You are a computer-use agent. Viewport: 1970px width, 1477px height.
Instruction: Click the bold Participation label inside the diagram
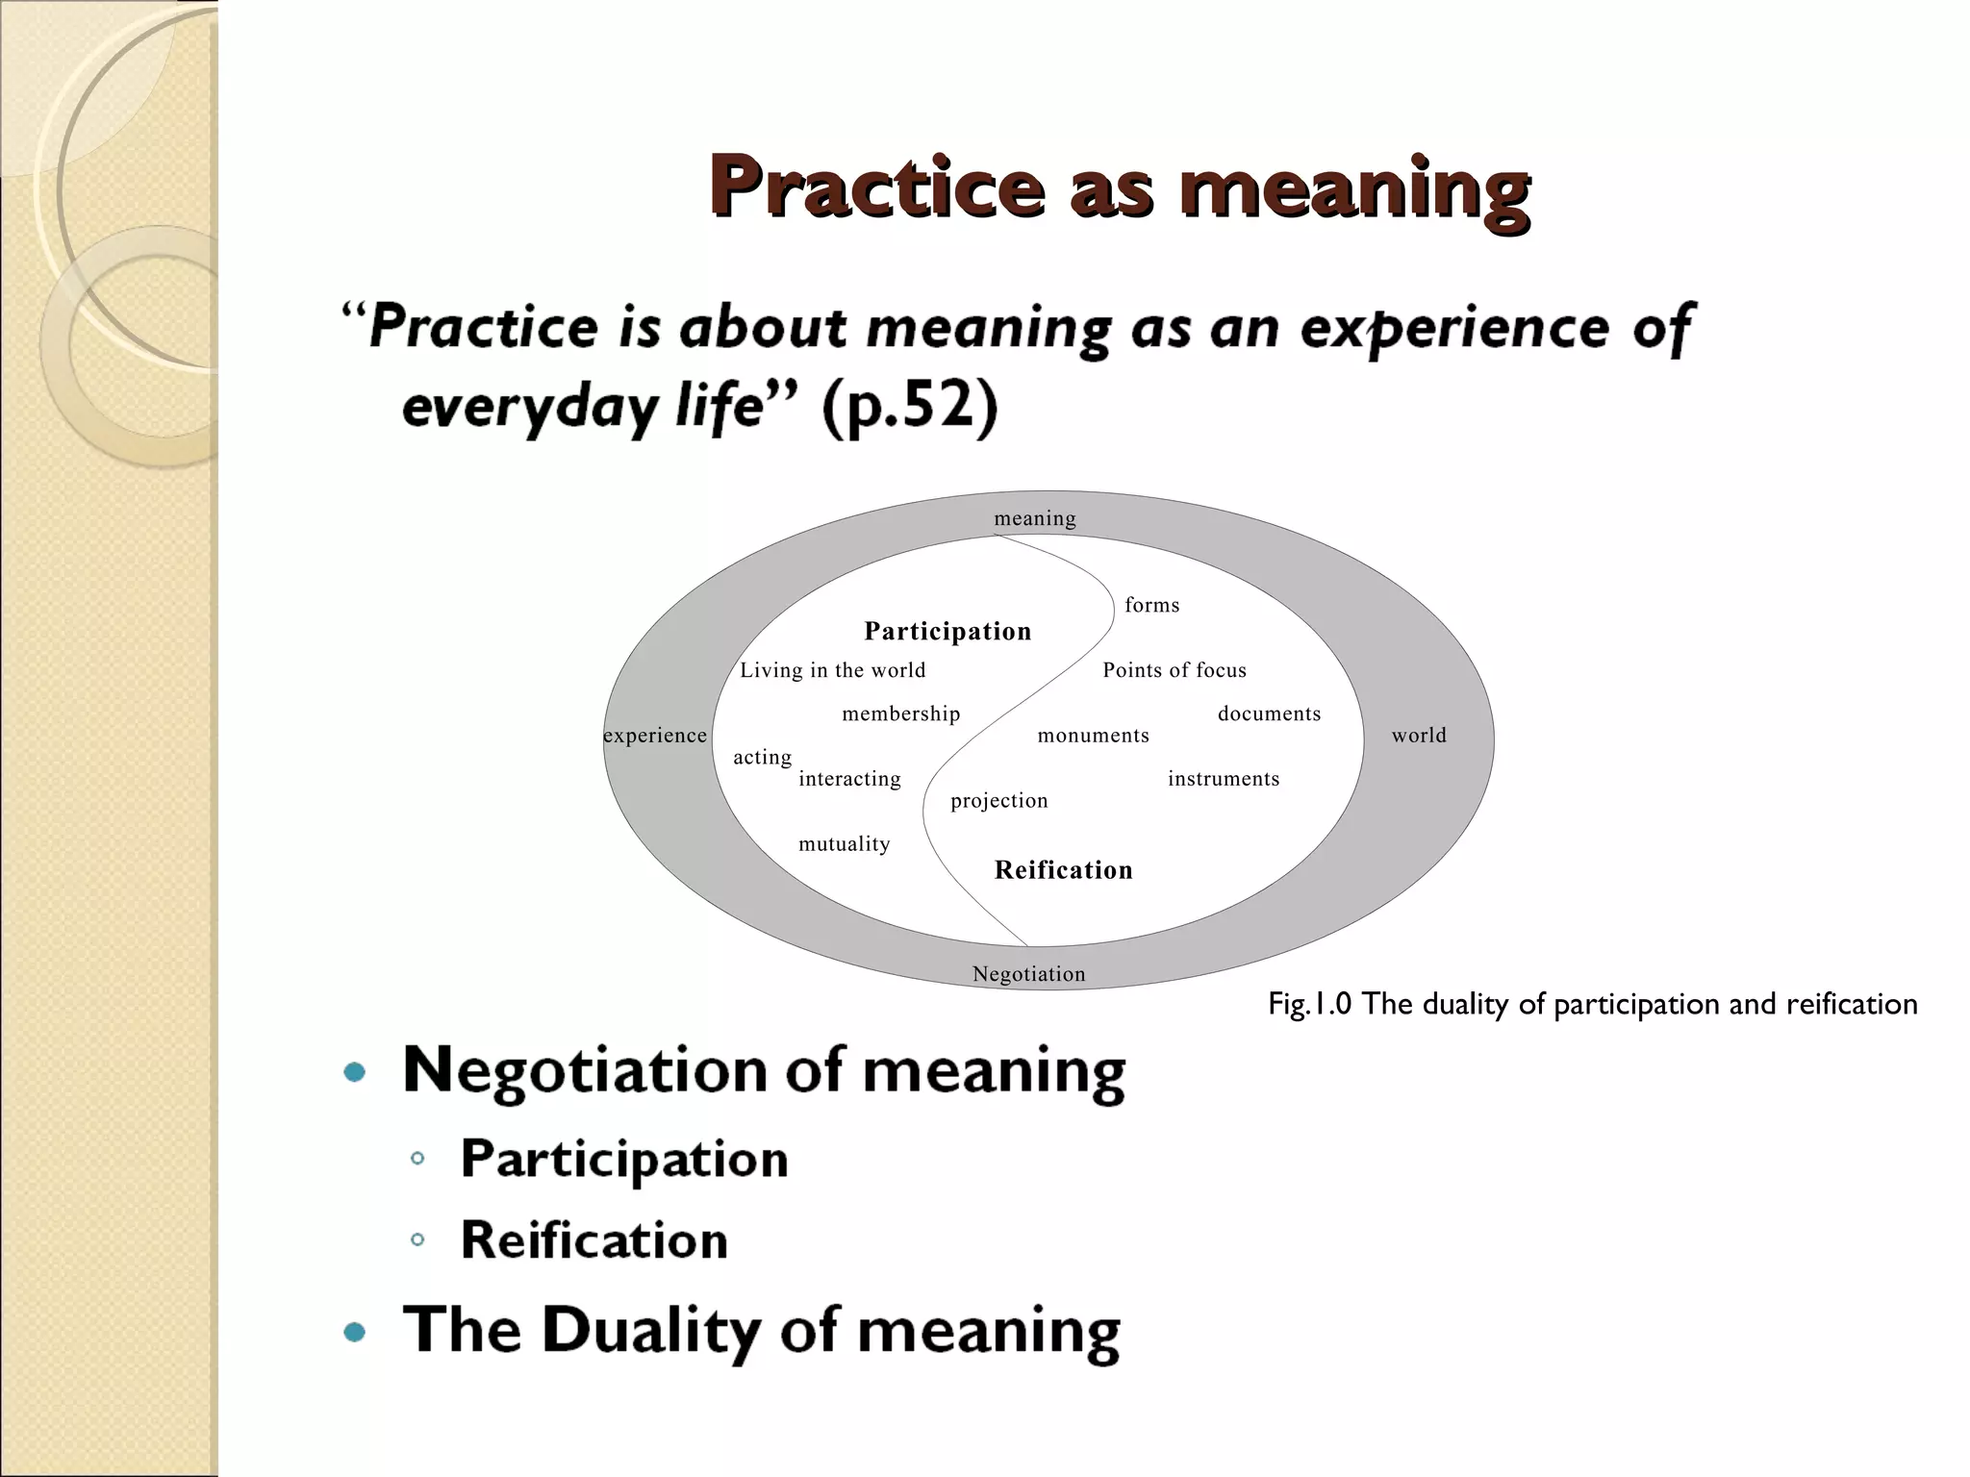947,631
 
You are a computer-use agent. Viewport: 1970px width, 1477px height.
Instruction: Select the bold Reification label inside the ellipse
1063,870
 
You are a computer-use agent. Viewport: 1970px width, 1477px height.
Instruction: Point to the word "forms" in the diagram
1151,605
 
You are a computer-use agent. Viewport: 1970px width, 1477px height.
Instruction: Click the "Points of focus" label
1174,670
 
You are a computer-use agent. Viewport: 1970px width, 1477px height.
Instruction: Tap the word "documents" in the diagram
1269,713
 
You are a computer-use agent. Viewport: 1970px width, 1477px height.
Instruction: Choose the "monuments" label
1093,736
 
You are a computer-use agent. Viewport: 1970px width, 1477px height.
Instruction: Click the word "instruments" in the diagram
1224,779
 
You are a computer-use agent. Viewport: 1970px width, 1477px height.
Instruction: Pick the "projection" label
998,801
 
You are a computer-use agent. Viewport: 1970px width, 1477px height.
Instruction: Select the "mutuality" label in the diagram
844,844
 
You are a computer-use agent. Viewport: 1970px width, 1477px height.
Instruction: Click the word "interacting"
849,779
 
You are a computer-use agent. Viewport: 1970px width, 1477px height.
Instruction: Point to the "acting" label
762,758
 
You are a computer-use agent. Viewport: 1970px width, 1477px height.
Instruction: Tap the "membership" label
900,713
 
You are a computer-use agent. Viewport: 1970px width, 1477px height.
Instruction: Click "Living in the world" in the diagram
832,670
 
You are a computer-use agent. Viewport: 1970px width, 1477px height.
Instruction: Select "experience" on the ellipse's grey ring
655,736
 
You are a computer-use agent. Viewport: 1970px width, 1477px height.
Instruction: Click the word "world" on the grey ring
1419,736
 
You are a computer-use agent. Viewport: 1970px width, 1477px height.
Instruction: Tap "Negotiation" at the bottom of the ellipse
1028,974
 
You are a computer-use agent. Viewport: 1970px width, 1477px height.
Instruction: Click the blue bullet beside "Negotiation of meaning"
355,1072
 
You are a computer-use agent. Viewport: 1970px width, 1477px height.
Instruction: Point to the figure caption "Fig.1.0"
1310,1005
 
